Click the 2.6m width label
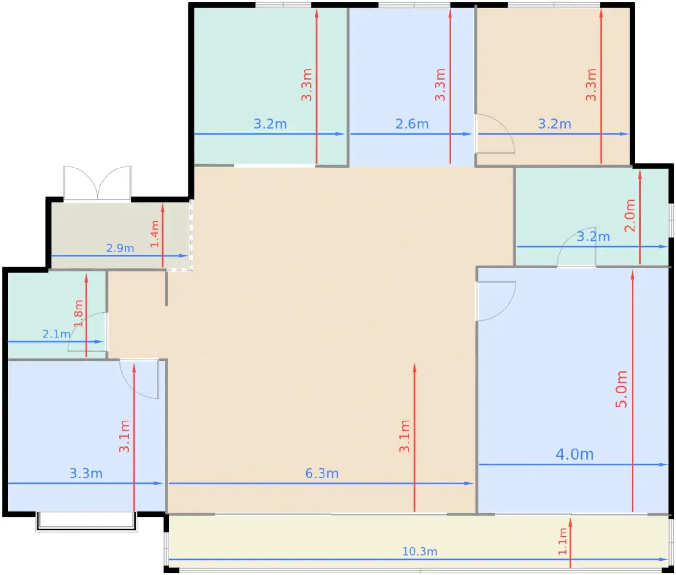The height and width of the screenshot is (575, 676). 412,124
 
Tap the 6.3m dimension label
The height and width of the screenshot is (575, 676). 322,474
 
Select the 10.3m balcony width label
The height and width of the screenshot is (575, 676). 419,552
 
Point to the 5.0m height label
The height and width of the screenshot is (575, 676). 621,389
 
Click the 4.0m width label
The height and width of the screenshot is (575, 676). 575,454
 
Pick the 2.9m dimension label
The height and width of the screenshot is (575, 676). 120,248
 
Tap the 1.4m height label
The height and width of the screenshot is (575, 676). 155,234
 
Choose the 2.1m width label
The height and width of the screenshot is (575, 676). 56,334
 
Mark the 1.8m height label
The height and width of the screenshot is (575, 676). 79,313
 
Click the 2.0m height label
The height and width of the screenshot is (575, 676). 630,215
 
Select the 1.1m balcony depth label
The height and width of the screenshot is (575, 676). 563,541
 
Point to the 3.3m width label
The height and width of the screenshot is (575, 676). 85,474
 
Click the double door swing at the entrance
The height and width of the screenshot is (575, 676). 98,182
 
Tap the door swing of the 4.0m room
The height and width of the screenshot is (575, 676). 495,301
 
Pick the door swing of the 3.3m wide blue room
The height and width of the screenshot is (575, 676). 139,379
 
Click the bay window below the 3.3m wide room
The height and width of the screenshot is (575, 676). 86,521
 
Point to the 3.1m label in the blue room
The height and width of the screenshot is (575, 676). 124,436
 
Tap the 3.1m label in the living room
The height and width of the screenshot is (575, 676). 405,436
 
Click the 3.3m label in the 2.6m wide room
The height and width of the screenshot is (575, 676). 440,84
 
